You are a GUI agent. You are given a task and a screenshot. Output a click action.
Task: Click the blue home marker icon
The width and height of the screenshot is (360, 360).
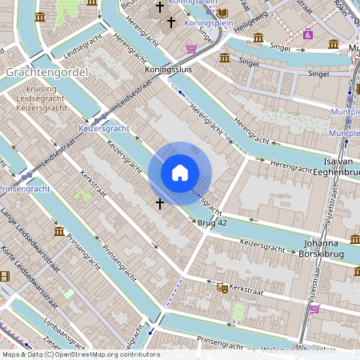click(180, 173)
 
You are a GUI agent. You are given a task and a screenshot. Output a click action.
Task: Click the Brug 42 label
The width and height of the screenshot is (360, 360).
click(212, 223)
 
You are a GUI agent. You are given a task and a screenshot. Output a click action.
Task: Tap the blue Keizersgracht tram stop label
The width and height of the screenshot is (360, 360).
click(104, 128)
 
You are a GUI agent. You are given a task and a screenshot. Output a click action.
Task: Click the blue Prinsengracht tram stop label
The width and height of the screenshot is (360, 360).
click(24, 189)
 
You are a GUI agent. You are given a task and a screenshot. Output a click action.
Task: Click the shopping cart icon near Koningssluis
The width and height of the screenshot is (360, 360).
click(191, 48)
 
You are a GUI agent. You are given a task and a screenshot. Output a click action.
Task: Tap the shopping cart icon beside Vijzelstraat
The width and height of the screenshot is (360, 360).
click(314, 308)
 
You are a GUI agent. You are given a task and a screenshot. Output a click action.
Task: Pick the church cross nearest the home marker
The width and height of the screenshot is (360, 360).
click(159, 204)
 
